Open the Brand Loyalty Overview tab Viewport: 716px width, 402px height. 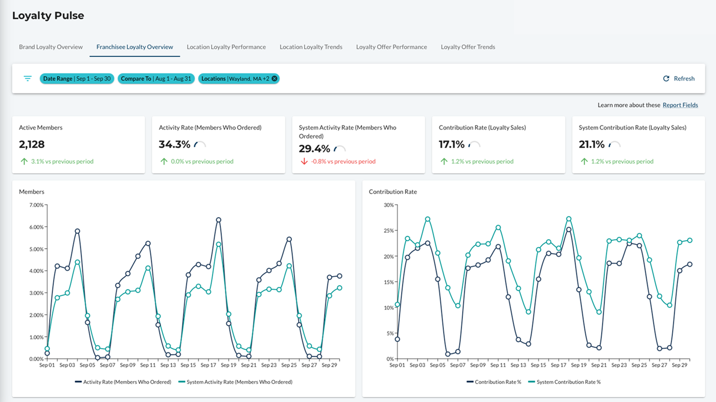click(x=51, y=47)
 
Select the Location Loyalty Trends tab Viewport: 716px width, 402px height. click(x=311, y=47)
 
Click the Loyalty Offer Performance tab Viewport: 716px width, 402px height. click(x=391, y=47)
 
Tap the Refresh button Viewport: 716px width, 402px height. click(x=679, y=78)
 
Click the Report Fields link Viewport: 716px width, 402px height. click(x=680, y=105)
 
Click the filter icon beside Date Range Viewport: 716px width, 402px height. click(x=28, y=78)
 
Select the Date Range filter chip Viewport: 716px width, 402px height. click(x=77, y=78)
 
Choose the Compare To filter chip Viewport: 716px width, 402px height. click(x=156, y=78)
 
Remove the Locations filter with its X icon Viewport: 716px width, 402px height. click(x=274, y=78)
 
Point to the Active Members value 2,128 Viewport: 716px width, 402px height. click(x=32, y=144)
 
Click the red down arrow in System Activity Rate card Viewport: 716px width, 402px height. click(x=304, y=161)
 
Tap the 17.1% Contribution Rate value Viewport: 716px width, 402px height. click(x=452, y=144)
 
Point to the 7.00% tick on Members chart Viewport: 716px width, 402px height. click(x=36, y=205)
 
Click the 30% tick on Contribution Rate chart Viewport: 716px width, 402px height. click(x=389, y=205)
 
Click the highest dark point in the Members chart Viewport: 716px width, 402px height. click(x=219, y=220)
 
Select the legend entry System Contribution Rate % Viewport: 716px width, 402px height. click(x=564, y=382)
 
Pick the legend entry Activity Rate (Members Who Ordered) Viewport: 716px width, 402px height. click(x=123, y=382)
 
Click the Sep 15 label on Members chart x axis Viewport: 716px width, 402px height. click(x=188, y=365)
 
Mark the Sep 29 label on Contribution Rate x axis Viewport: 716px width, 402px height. click(x=679, y=365)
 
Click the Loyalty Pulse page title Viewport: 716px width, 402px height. click(x=48, y=15)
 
